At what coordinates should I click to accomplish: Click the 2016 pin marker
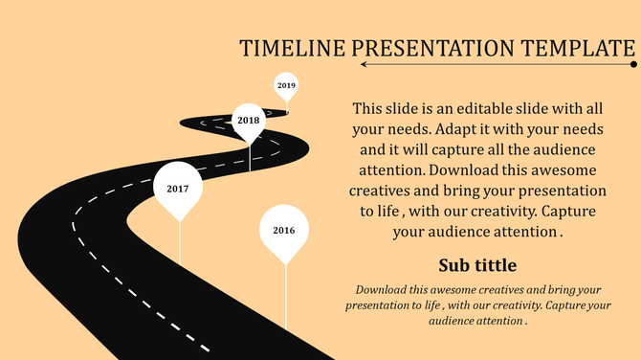(284, 232)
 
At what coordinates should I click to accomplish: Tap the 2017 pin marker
(178, 190)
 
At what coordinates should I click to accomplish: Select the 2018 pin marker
(249, 121)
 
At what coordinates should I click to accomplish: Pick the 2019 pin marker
(286, 85)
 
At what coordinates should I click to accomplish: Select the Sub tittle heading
(477, 264)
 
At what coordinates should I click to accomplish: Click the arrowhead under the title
(365, 65)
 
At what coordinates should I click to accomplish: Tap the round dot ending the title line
(634, 65)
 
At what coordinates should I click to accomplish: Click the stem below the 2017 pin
(179, 244)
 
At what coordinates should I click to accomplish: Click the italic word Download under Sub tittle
(387, 288)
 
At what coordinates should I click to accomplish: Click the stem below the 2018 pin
(250, 158)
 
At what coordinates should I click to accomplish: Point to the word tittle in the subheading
(494, 264)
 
